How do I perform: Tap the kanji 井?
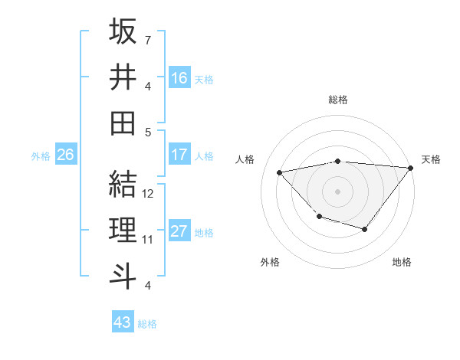tap(123, 76)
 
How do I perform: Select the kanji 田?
tap(123, 122)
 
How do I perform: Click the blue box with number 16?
tap(179, 77)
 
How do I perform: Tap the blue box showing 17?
tap(179, 155)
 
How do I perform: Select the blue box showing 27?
tap(179, 231)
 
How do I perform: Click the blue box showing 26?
tap(65, 155)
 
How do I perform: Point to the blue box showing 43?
tap(122, 322)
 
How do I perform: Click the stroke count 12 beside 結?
tap(149, 194)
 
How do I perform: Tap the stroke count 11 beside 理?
tap(149, 240)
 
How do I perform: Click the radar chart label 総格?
tap(338, 100)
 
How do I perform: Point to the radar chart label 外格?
tap(270, 262)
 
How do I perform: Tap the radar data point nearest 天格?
tap(411, 168)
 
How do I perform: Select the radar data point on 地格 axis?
tap(365, 229)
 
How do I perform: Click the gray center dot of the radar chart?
tap(337, 191)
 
